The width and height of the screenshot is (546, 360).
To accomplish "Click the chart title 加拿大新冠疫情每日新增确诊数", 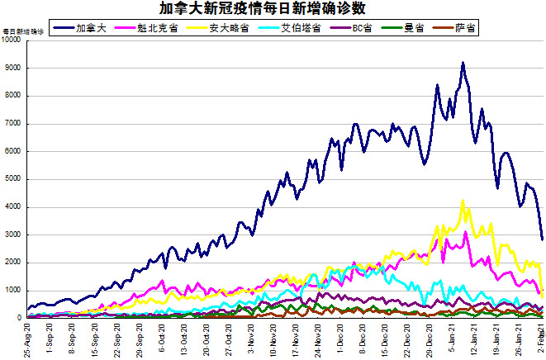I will pyautogui.click(x=272, y=9).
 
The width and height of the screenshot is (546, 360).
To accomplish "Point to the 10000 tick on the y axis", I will pyautogui.click(x=13, y=40).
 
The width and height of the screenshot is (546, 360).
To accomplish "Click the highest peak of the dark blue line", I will pyautogui.click(x=463, y=63).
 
